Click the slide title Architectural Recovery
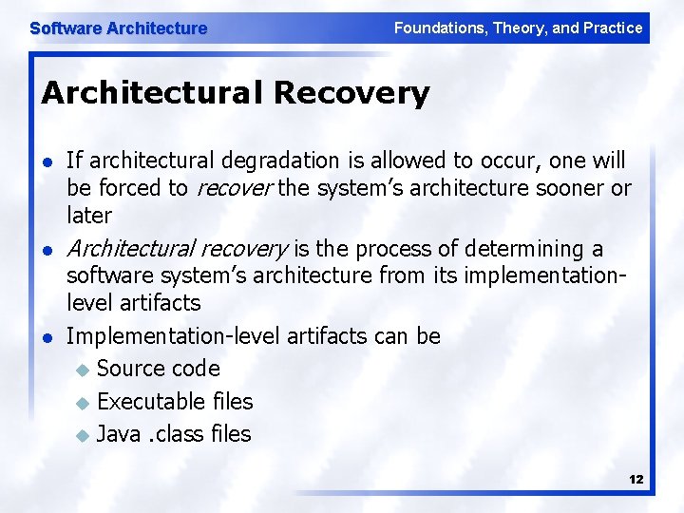235,93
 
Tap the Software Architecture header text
118,28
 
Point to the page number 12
636,480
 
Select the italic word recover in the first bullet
234,188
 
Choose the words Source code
158,369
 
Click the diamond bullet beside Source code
81,370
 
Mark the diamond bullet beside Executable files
81,403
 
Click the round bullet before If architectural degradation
47,162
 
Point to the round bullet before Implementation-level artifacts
47,337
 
